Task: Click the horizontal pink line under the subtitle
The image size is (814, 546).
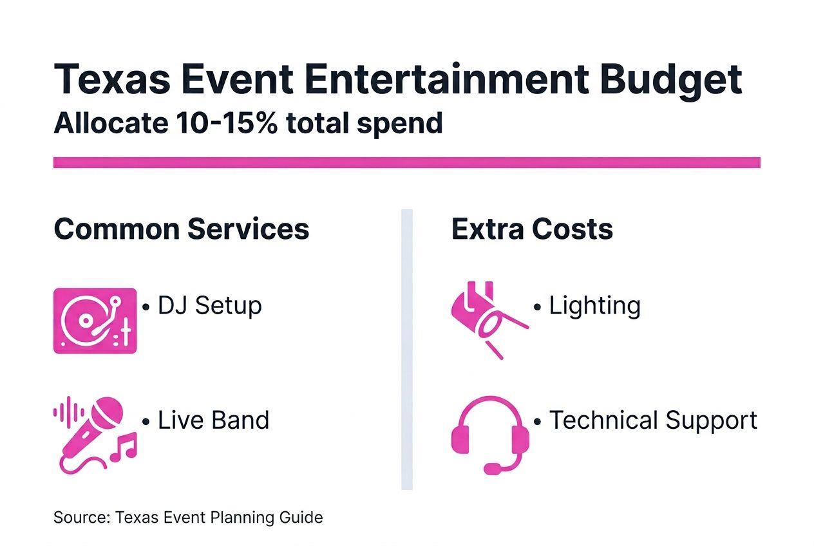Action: point(406,162)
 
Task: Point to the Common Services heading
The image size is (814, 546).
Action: point(181,229)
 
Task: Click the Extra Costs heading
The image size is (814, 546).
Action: point(532,229)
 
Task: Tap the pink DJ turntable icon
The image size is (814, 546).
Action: point(95,320)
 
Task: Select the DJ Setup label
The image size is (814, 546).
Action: point(210,305)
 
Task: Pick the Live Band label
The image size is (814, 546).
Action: point(213,420)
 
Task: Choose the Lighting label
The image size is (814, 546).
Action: point(594,306)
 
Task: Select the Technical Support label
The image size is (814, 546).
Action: point(653,420)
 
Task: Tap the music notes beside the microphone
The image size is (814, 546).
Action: point(124,447)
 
